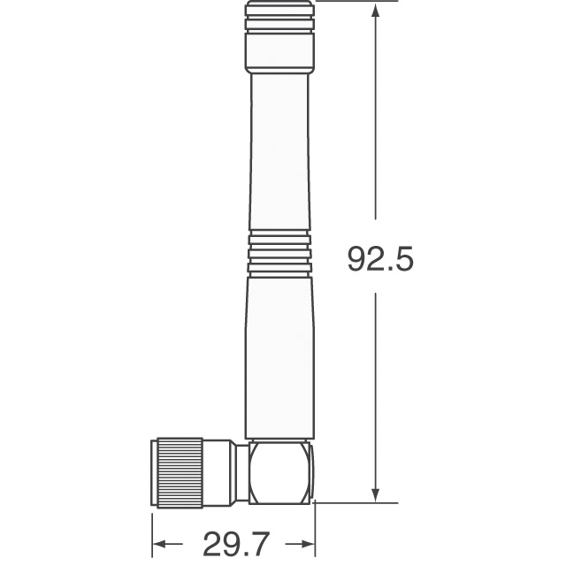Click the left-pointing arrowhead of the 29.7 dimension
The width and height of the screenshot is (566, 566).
click(160, 540)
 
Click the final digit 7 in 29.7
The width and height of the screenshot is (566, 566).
click(256, 539)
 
